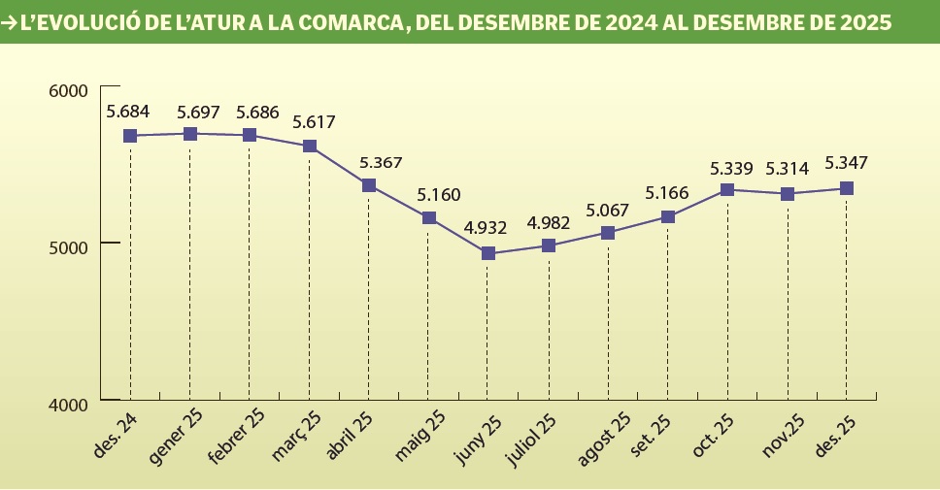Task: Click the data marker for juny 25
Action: tap(488, 253)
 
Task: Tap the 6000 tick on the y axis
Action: tap(68, 90)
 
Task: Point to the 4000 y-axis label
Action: tap(68, 403)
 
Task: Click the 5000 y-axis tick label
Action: tap(68, 244)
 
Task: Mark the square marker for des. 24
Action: tap(130, 136)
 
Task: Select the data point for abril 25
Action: tap(369, 185)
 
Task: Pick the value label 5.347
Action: tap(845, 163)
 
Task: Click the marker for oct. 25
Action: tap(727, 189)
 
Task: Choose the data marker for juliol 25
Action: tap(549, 245)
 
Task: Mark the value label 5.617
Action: tap(314, 122)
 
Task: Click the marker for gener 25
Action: tap(190, 134)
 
